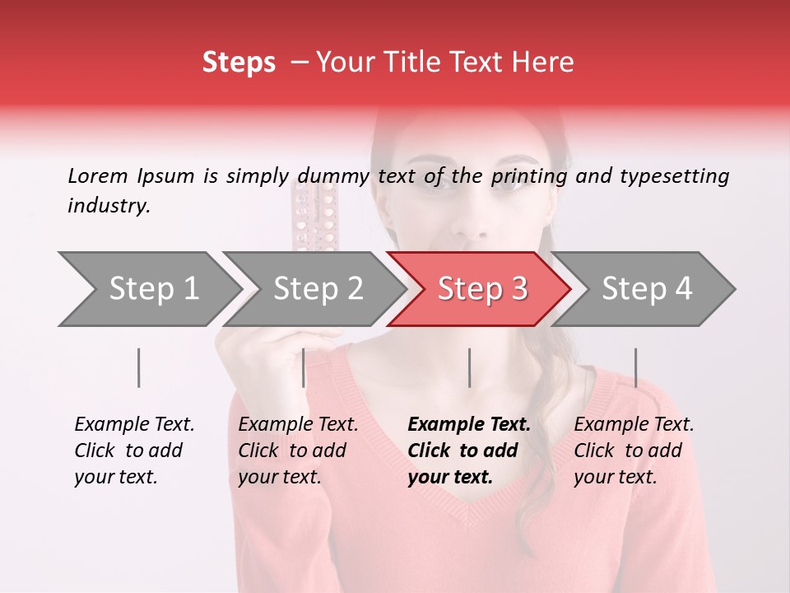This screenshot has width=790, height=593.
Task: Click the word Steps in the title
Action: pos(239,63)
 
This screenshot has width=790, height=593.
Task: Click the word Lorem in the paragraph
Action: pos(97,175)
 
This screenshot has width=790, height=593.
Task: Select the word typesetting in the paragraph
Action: pos(676,175)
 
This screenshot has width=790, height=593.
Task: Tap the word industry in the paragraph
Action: pos(108,206)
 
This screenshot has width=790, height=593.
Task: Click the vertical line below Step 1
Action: pos(139,367)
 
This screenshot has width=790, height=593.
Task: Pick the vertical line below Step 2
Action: pos(304,367)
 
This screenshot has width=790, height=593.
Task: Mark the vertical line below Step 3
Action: pos(470,367)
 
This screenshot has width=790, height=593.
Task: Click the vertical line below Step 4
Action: pos(636,367)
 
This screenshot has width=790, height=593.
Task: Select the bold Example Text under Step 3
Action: pos(469,425)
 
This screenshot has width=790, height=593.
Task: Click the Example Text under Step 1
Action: pos(134,425)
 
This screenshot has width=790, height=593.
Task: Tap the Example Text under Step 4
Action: pos(634,425)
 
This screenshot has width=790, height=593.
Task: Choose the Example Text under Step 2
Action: pos(298,425)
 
